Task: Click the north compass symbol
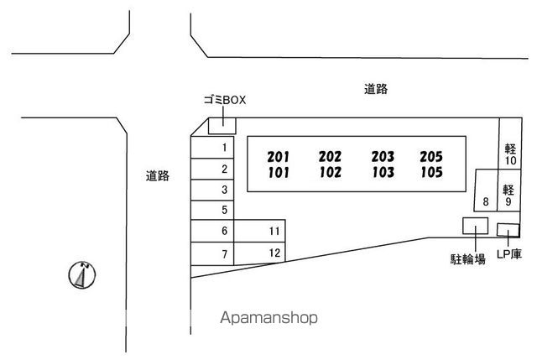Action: [82, 275]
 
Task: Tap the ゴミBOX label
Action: [225, 100]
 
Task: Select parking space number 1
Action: [212, 148]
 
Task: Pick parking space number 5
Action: [212, 210]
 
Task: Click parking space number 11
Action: [259, 231]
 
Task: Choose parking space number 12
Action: [259, 253]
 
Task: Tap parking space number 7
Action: [212, 253]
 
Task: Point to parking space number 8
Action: [486, 190]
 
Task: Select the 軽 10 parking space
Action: [510, 143]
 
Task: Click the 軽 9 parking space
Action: [508, 190]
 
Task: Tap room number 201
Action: [278, 157]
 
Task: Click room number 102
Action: [330, 172]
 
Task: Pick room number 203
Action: [383, 157]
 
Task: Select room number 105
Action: [431, 172]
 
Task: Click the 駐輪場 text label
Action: [468, 259]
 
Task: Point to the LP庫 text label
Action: [509, 253]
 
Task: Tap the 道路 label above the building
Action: [376, 89]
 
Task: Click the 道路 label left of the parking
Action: [158, 175]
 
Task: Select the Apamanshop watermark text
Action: [268, 318]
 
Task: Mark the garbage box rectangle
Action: [222, 126]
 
